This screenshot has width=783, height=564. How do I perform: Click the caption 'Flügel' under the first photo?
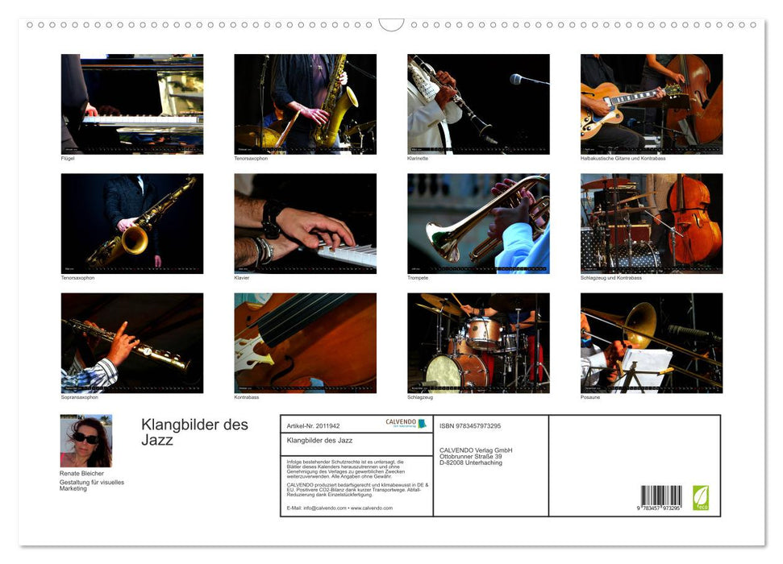[x=68, y=159]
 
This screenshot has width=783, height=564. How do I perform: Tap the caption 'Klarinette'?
[x=418, y=159]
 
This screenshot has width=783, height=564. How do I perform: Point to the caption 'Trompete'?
[x=418, y=278]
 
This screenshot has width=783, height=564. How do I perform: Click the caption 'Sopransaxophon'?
[x=77, y=397]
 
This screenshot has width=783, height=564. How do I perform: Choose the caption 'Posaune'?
[x=590, y=397]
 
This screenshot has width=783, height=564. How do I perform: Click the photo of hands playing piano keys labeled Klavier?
[x=305, y=223]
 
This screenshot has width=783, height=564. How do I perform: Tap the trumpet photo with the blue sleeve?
[x=478, y=223]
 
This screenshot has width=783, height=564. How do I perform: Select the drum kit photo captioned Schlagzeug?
[x=478, y=342]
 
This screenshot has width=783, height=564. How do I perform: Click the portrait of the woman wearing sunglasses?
[x=86, y=441]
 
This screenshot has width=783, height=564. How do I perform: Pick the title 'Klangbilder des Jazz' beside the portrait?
[x=194, y=432]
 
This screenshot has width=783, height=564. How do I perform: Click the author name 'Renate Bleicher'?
[x=81, y=474]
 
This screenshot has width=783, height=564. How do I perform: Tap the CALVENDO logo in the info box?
[x=406, y=423]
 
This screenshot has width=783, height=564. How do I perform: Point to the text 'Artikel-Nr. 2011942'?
[x=314, y=425]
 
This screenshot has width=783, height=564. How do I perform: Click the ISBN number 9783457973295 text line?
[x=470, y=425]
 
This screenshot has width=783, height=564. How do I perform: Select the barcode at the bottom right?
[x=660, y=496]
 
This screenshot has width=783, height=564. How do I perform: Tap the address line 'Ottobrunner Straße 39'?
[x=476, y=456]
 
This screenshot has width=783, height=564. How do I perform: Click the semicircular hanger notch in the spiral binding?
[x=391, y=24]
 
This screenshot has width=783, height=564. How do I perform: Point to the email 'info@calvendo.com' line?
[x=316, y=508]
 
